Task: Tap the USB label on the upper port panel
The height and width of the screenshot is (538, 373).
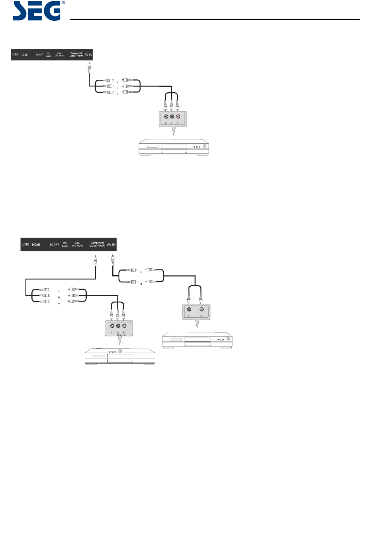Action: pyautogui.click(x=15, y=55)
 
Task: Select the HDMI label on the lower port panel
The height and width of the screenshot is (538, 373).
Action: pyautogui.click(x=36, y=245)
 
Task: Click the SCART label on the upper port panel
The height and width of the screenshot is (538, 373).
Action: pyautogui.click(x=40, y=55)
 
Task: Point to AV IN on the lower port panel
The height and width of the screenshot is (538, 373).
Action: pyautogui.click(x=112, y=245)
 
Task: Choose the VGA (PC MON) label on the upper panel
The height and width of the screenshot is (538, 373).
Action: pyautogui.click(x=59, y=55)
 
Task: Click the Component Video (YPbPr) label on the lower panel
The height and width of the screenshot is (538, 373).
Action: pyautogui.click(x=97, y=244)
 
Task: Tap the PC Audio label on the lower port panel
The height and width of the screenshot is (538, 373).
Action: pyautogui.click(x=65, y=245)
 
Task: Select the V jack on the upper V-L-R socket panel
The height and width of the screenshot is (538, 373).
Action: pyautogui.click(x=166, y=117)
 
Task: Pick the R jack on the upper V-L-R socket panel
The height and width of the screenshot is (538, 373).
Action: pyautogui.click(x=178, y=117)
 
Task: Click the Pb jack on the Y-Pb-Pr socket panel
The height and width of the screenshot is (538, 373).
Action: pyautogui.click(x=118, y=326)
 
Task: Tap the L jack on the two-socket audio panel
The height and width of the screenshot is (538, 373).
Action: pyautogui.click(x=189, y=309)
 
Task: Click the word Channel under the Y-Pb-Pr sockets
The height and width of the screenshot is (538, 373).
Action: pyautogui.click(x=122, y=335)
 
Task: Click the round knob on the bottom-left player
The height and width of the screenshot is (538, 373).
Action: pyautogui.click(x=120, y=351)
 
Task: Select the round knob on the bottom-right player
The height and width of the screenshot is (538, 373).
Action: pyautogui.click(x=228, y=339)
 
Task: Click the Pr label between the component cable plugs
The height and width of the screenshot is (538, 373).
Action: pyautogui.click(x=59, y=304)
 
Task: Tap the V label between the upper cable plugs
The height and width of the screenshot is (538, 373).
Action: pyautogui.click(x=117, y=82)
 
